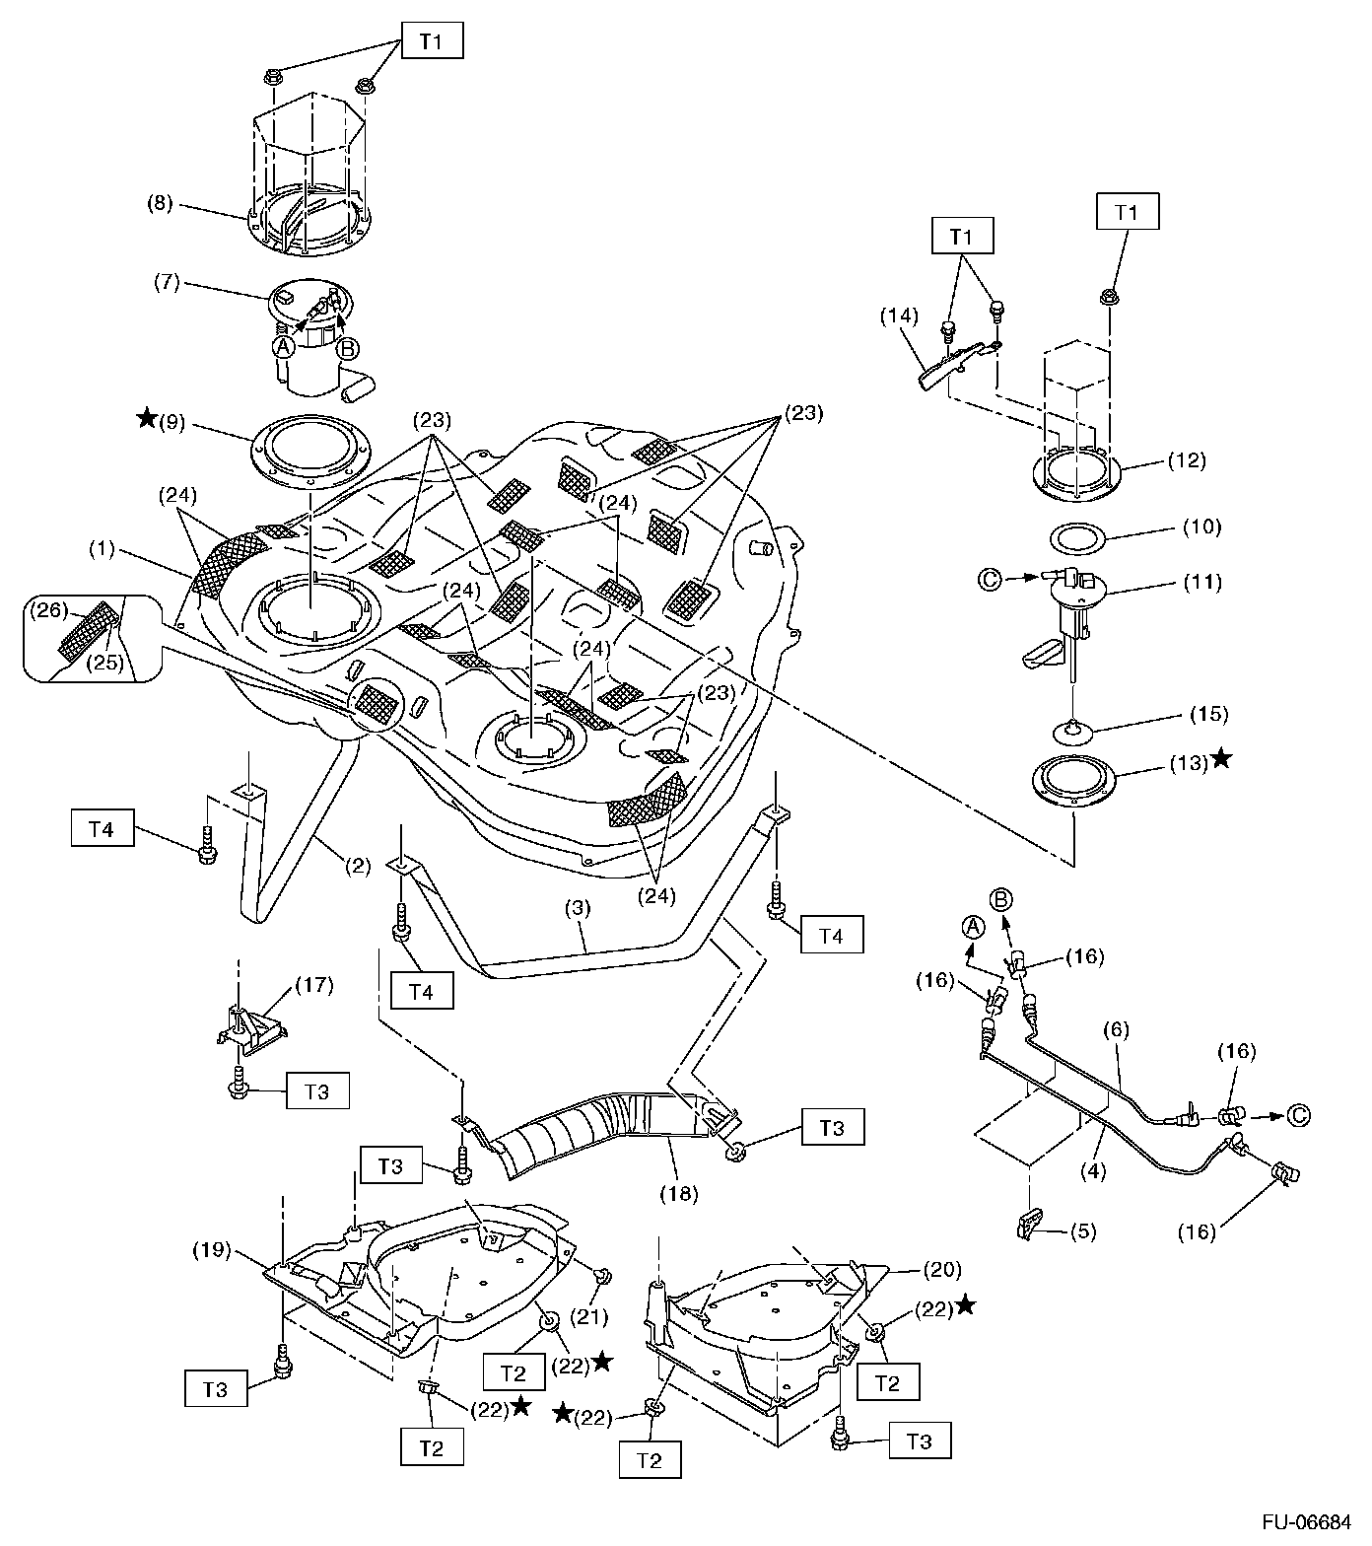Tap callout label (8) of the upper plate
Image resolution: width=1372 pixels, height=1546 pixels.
[x=160, y=204]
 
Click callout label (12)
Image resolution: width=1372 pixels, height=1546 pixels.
[x=1186, y=459]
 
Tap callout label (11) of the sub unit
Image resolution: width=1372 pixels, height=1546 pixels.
[x=1201, y=582]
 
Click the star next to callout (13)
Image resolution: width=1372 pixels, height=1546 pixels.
[x=1222, y=758]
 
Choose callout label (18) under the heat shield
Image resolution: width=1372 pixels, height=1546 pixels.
[x=678, y=1194]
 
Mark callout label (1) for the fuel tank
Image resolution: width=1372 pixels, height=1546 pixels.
[x=103, y=550]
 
